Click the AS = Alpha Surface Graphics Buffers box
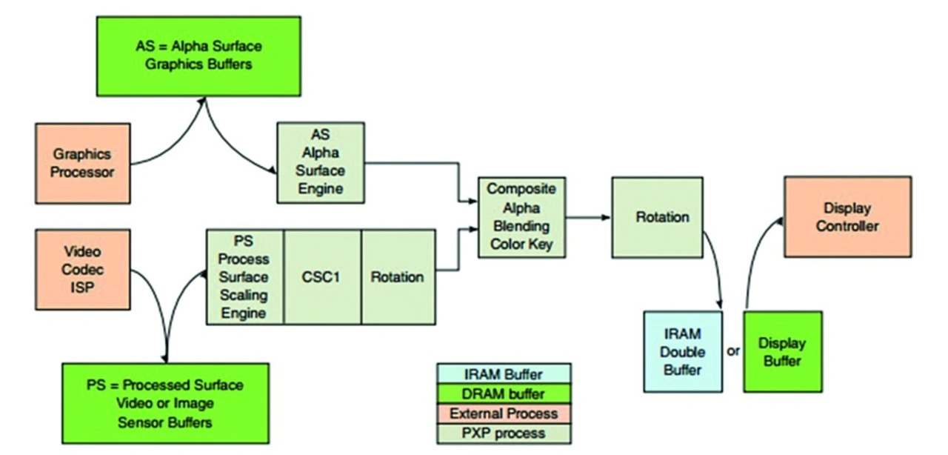(198, 56)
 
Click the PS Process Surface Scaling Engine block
(244, 276)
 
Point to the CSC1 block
(322, 276)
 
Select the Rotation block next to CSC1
(397, 276)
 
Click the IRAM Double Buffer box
(682, 351)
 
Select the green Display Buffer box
(782, 351)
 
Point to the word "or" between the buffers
(733, 351)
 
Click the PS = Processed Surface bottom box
(164, 404)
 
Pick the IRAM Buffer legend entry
(504, 375)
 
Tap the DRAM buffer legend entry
(504, 394)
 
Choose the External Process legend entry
(504, 414)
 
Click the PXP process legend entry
(504, 433)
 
